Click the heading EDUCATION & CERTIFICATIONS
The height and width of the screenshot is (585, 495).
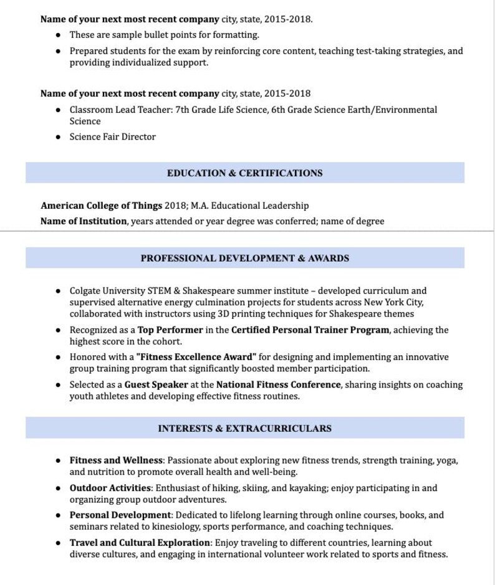[244, 173]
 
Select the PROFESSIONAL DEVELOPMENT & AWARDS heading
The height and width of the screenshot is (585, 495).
[244, 258]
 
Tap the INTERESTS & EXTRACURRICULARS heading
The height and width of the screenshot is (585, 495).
[244, 429]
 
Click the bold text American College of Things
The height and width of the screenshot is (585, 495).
[101, 206]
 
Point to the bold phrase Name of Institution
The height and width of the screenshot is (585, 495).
[84, 221]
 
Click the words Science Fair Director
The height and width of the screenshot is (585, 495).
[112, 137]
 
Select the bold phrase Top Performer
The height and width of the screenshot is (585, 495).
[170, 330]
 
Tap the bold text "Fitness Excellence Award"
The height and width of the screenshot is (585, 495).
[196, 358]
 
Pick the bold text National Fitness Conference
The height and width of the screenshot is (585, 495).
[279, 385]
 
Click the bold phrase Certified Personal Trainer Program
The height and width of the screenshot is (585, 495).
[310, 330]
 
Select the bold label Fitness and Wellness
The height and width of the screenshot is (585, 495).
[116, 461]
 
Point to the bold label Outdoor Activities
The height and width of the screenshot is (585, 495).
[110, 488]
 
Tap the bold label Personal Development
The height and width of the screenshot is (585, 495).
[120, 516]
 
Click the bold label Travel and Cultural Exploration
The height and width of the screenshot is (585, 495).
[140, 543]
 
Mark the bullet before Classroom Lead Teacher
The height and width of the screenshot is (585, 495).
[58, 110]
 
